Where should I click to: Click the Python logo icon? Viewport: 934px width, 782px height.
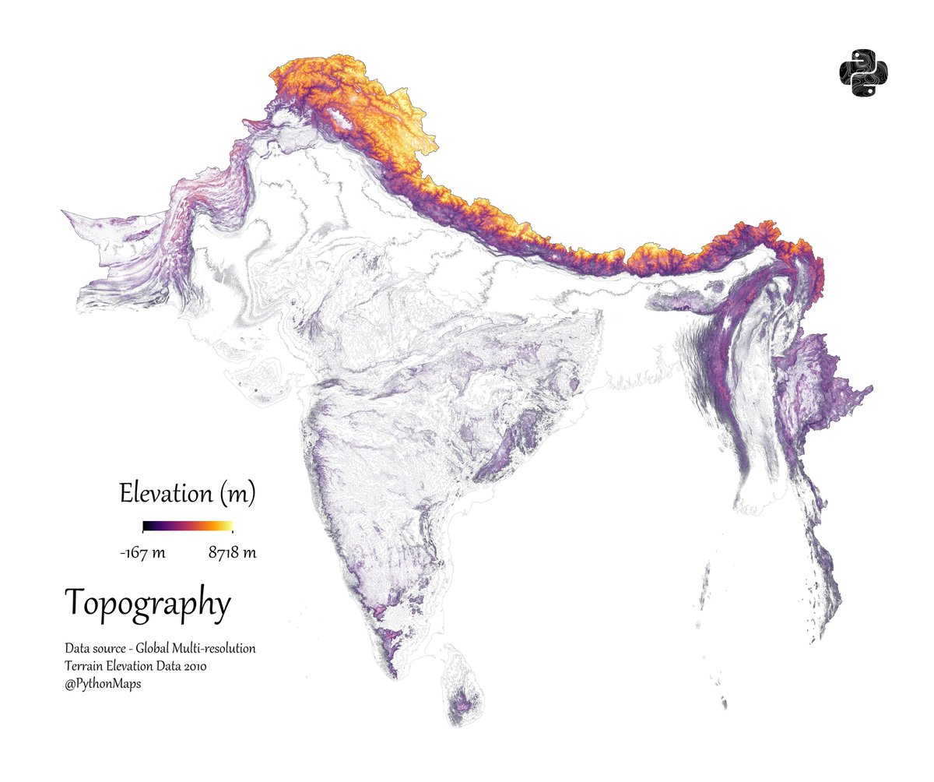click(864, 74)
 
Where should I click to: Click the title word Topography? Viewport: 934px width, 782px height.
click(148, 604)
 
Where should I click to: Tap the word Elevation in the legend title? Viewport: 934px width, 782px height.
click(165, 493)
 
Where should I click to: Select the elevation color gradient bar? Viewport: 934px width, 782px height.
click(188, 527)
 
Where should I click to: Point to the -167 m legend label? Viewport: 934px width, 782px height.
click(142, 553)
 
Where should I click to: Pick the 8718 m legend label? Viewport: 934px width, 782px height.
click(232, 553)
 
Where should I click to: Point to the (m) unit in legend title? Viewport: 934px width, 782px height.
click(237, 494)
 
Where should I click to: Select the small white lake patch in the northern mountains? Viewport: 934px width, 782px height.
click(339, 119)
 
